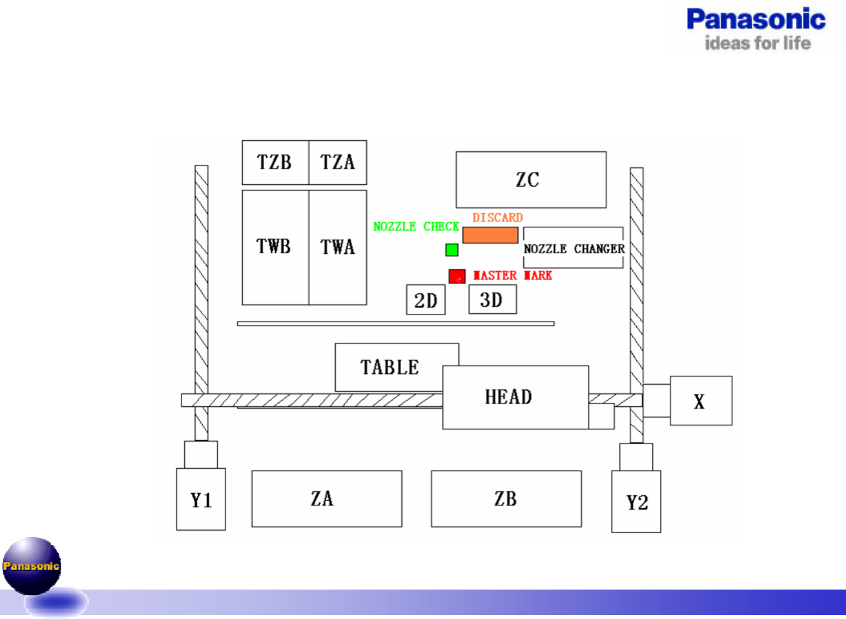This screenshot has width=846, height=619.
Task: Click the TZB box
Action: tap(275, 163)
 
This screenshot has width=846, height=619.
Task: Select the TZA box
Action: tap(338, 163)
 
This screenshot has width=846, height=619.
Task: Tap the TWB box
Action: tap(275, 247)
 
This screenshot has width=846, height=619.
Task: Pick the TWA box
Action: tap(338, 247)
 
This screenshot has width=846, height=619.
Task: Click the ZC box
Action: tap(531, 180)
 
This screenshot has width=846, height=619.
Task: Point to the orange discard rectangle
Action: tap(490, 236)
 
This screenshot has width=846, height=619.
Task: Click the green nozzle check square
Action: tap(452, 250)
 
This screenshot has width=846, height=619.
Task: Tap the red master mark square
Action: tap(457, 276)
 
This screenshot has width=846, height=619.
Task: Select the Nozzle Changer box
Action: tap(573, 249)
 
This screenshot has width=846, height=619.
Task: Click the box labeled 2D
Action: tap(425, 300)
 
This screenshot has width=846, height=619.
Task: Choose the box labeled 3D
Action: tap(493, 300)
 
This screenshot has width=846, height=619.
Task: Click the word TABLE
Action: tap(389, 368)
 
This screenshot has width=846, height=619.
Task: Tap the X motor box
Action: tap(700, 401)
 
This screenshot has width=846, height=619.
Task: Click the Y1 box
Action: tap(201, 499)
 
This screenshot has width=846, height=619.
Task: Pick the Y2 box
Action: tap(636, 502)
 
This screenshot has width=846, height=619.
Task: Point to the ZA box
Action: tap(326, 499)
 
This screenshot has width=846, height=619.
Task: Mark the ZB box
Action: tap(506, 499)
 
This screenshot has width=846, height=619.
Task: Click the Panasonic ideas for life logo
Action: tap(756, 28)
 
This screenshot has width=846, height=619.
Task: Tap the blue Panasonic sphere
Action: tap(32, 565)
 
